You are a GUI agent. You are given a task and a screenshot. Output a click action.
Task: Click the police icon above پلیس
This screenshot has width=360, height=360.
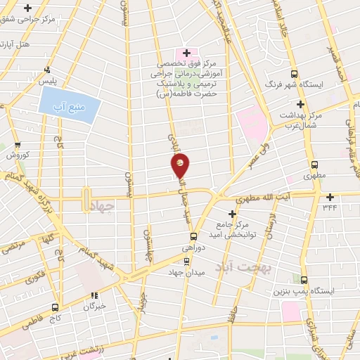47,70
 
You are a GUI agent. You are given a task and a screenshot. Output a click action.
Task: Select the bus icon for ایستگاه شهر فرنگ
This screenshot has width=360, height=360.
295,74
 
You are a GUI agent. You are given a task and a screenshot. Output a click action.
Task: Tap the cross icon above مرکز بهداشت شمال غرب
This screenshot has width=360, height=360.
300,103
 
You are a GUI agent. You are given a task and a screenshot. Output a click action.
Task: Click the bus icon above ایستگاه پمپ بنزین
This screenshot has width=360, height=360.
304,278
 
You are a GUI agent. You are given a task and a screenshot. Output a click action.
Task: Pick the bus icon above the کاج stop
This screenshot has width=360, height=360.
55,307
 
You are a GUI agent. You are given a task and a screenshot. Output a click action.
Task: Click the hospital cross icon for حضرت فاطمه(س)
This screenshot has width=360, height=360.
186,53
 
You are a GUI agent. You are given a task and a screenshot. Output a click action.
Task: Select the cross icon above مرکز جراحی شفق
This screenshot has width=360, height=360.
27,8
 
